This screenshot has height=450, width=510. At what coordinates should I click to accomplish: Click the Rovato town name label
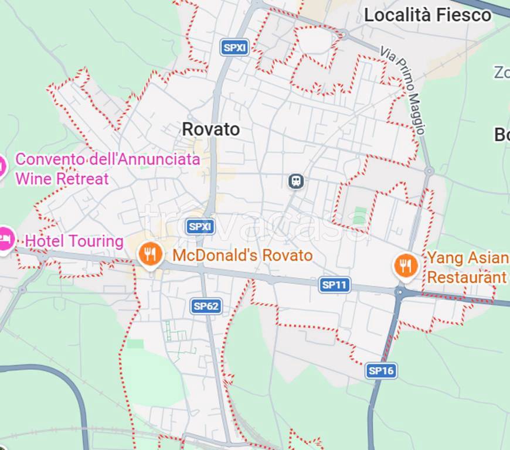(x=211, y=129)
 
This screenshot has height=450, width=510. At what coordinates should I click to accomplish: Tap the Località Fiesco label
(x=427, y=15)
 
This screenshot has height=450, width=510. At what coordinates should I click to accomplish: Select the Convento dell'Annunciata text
(x=107, y=159)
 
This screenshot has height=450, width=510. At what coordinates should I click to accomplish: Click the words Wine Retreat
(x=62, y=178)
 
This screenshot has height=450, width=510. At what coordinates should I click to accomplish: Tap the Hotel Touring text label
(x=74, y=241)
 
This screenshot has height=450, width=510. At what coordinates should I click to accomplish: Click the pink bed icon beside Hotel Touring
(x=5, y=238)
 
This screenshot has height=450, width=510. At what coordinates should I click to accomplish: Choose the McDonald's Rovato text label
(x=242, y=255)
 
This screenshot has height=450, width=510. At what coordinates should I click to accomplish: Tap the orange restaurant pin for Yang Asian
(x=405, y=266)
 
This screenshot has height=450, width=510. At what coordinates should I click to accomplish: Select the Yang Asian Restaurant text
(x=467, y=267)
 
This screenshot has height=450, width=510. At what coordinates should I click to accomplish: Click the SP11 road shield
(x=335, y=285)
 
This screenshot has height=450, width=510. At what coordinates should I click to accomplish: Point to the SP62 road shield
(x=206, y=306)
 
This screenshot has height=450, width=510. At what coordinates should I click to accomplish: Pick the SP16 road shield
(x=382, y=370)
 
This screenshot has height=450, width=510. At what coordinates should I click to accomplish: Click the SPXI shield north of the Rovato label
(x=235, y=48)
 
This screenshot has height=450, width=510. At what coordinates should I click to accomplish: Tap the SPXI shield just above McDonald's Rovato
(x=200, y=227)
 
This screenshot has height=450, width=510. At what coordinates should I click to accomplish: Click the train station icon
(x=297, y=180)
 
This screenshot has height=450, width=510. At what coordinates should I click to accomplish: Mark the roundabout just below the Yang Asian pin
(x=401, y=291)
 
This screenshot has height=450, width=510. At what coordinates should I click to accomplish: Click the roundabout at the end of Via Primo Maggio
(x=429, y=171)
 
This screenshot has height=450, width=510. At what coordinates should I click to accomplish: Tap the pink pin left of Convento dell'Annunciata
(x=2, y=166)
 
